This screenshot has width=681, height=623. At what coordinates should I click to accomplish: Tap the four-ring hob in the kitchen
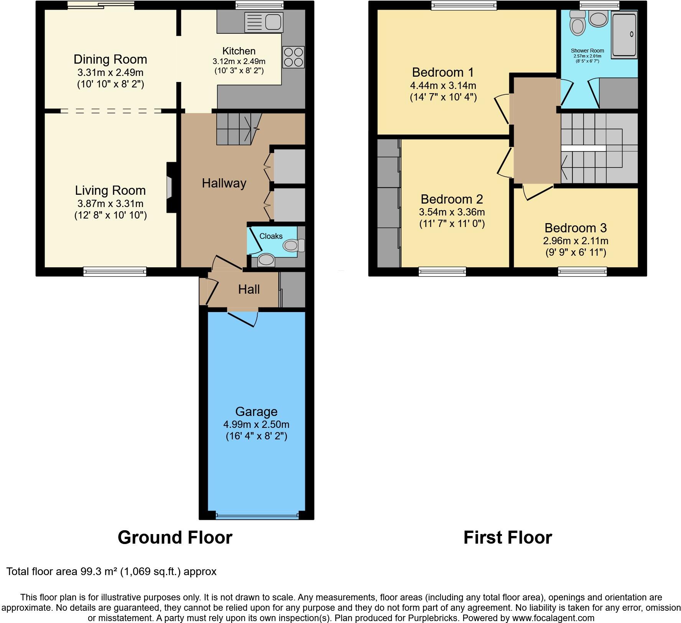[293, 57]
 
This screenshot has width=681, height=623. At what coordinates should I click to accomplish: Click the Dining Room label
[110, 59]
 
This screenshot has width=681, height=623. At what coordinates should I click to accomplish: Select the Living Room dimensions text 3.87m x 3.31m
[110, 204]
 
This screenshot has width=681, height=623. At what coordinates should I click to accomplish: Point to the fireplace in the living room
[170, 187]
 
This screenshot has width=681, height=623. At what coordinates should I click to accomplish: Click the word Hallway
[224, 183]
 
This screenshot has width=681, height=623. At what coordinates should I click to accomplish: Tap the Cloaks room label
[271, 236]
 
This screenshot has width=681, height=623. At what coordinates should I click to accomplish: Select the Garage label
[256, 412]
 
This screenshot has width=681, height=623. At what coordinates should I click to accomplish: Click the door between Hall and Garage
[242, 318]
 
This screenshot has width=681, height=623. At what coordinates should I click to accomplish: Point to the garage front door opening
[257, 516]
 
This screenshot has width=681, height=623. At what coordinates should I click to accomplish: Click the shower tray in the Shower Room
[624, 35]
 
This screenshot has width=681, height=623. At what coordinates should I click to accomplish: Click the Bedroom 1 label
[443, 72]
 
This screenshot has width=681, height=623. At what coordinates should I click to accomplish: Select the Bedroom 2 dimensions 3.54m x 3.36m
[452, 212]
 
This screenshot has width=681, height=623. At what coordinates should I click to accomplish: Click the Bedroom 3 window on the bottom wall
[582, 272]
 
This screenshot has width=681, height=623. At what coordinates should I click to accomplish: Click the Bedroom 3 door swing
[538, 192]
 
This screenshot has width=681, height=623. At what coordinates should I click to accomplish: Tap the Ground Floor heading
[175, 538]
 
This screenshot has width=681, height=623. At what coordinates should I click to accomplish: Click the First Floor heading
[507, 538]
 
